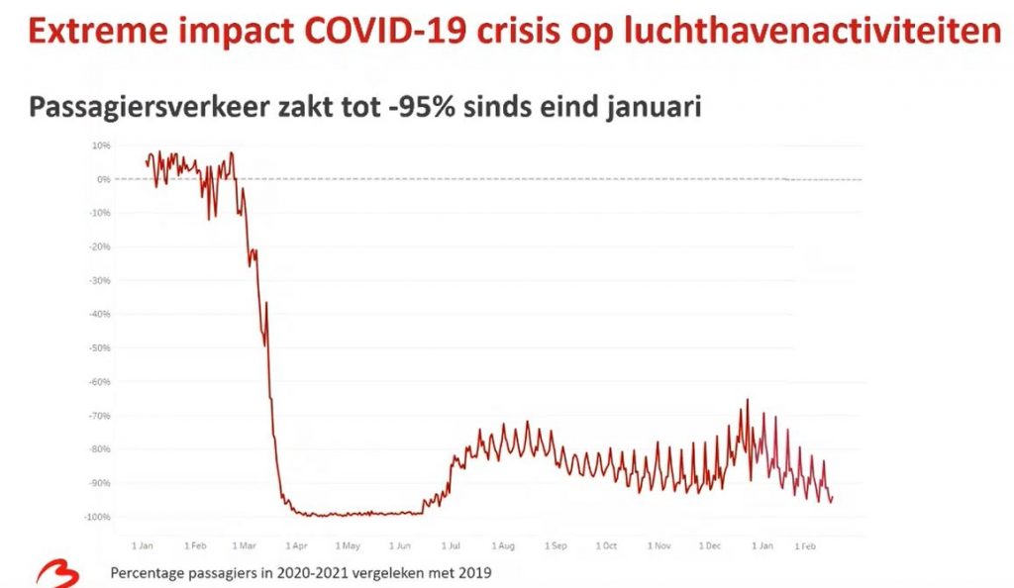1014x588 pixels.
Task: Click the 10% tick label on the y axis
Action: pos(100,146)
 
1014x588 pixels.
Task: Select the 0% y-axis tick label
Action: pos(102,179)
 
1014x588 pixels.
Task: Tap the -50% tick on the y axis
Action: pos(98,347)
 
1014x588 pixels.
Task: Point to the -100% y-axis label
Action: pos(96,517)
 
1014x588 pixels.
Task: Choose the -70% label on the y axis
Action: pos(98,416)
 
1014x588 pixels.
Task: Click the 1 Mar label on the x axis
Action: pos(246,545)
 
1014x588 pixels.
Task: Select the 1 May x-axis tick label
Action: pos(349,545)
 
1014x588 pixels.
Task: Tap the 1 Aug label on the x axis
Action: pos(503,545)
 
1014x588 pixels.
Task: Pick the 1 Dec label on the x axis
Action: pos(709,545)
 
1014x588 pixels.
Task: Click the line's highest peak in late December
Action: pos(748,400)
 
